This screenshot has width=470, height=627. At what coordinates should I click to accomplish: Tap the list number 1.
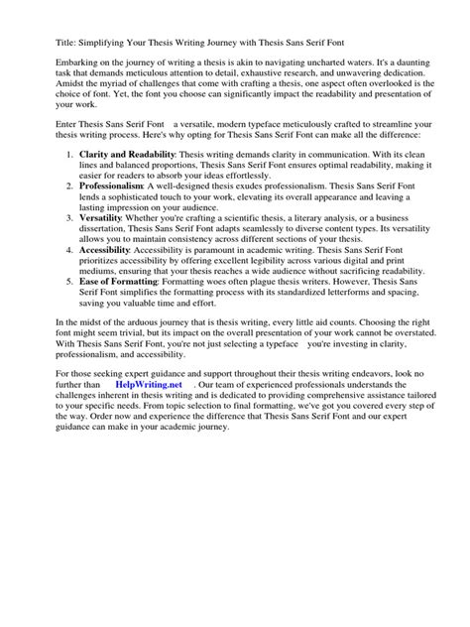click(66, 156)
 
